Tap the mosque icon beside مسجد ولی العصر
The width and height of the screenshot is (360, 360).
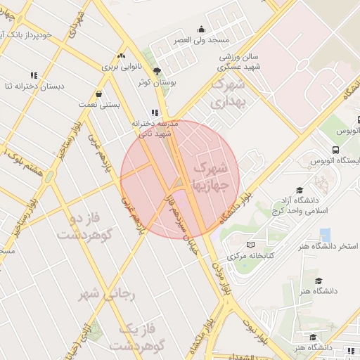point(202,30)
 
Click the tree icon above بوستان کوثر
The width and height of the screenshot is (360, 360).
point(157,71)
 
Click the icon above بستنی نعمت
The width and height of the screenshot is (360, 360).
point(98,94)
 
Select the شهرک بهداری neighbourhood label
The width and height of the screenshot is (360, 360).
point(227,95)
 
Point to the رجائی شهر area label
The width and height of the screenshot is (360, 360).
point(108,293)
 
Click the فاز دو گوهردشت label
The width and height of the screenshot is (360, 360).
point(92,226)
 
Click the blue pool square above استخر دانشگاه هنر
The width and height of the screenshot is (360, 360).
point(325,235)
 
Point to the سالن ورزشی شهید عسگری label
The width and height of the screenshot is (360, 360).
point(236,61)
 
